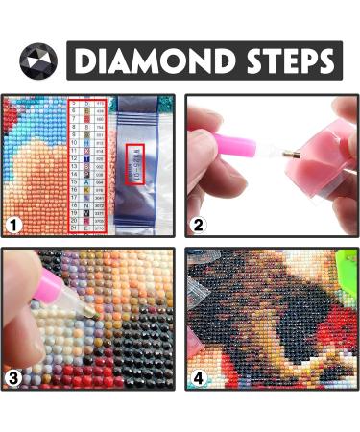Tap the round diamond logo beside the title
click(x=38, y=60)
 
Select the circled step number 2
click(x=198, y=226)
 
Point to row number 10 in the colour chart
click(x=72, y=143)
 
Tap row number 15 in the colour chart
click(x=72, y=182)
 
